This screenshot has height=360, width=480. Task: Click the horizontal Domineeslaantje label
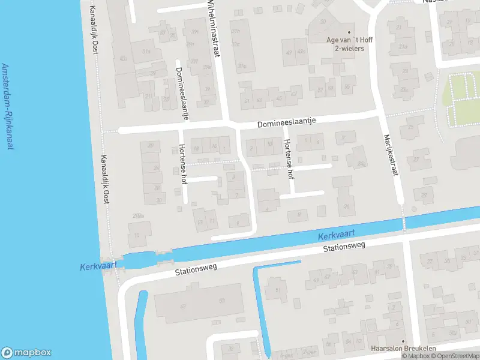click(286, 123)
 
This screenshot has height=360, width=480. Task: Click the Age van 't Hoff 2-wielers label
click(349, 44)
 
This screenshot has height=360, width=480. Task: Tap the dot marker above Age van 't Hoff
click(349, 32)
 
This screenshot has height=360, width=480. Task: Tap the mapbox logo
click(26, 353)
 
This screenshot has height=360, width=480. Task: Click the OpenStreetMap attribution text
click(454, 356)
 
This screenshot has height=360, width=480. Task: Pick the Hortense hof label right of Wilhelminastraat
click(290, 158)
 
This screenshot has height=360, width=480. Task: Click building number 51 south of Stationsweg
click(278, 291)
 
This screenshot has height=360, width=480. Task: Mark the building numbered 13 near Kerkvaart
click(200, 221)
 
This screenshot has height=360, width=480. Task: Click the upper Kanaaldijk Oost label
click(94, 30)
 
